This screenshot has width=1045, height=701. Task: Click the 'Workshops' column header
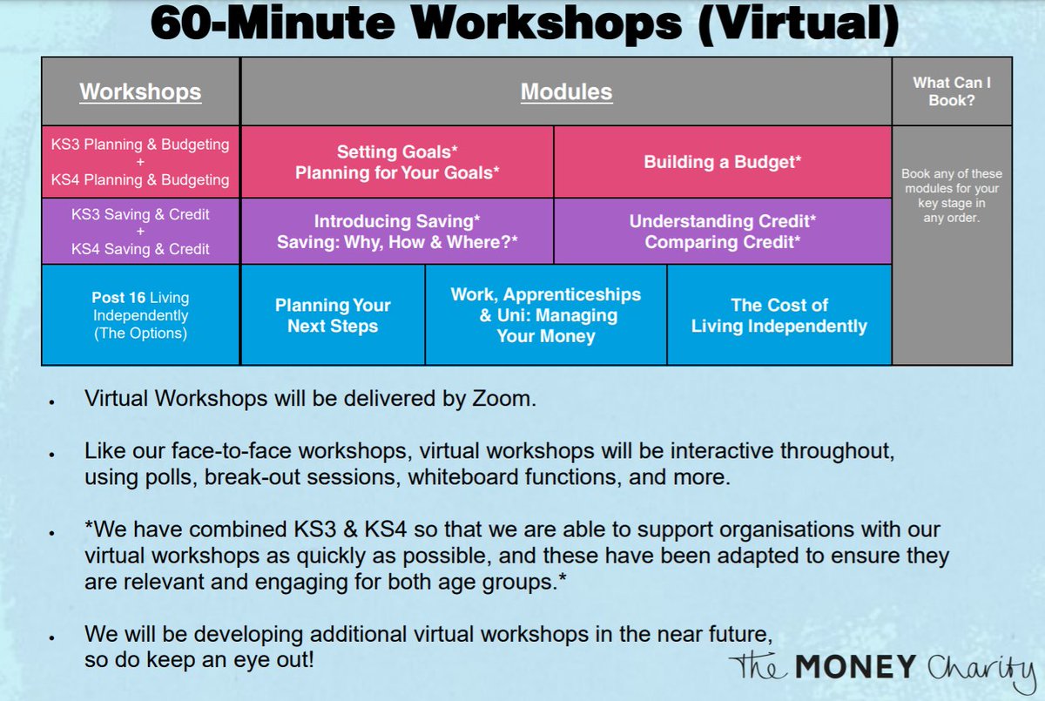[140, 91]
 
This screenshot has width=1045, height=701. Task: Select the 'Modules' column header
[566, 91]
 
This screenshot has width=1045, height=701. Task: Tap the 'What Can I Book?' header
[951, 91]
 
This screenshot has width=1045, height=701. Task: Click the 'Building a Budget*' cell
[722, 162]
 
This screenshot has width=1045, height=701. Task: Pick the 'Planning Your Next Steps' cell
[333, 315]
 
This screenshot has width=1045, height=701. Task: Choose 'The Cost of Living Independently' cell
[779, 315]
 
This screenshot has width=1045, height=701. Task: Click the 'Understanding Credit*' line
[722, 221]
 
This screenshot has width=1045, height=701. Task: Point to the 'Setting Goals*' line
[397, 151]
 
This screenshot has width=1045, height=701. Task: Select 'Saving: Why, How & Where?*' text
[397, 243]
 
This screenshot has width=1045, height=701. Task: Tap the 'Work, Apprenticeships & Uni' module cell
[546, 314]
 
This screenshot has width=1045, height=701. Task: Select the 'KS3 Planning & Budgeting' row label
[140, 144]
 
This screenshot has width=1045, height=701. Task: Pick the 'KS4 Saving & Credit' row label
[140, 249]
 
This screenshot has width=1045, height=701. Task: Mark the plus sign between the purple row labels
[140, 232]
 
